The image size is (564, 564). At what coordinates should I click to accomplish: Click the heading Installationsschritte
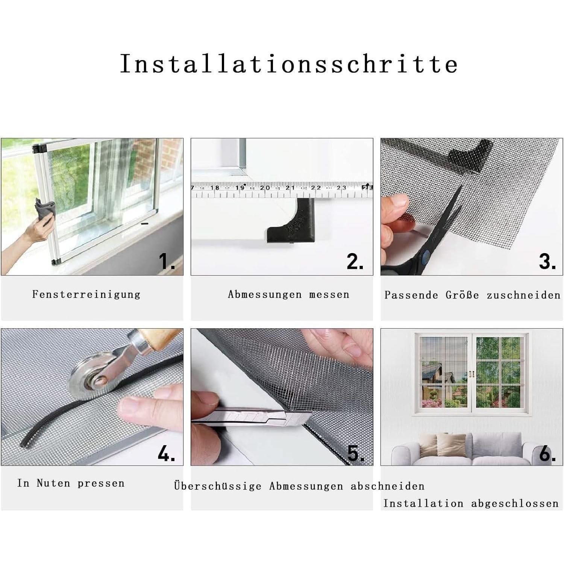coord(289,64)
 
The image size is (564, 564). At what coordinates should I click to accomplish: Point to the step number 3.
coord(547,261)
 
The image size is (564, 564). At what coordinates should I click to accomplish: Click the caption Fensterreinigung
coord(86,294)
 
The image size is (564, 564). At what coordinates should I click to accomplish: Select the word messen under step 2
coord(329,294)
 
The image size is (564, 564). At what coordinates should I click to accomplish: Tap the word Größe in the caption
coord(462,295)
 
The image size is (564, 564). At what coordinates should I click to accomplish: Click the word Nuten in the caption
coord(53,483)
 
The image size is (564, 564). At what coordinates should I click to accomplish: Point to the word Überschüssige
coord(218,486)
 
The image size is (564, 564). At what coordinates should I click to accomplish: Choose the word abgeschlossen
coord(515,503)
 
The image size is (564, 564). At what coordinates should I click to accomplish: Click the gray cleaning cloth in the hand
coord(45,212)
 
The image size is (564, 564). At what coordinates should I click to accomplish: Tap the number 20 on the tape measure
coord(265,187)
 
